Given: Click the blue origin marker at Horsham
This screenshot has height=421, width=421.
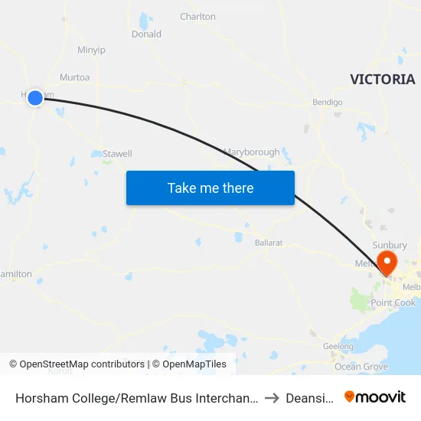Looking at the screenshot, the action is pos(35,97).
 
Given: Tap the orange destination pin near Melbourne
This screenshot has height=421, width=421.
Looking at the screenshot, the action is pos(387,262).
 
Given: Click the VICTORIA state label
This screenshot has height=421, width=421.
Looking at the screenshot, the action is pos(382,80).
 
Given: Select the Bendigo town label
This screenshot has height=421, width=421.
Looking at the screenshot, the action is pos(327,103).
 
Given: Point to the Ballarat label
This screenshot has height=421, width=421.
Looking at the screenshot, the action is pos(269,243).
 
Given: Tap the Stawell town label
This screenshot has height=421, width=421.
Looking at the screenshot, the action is pos(118,154).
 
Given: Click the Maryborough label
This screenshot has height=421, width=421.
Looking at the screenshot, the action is pos(251,152).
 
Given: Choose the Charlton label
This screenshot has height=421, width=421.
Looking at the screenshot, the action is pos(197,17).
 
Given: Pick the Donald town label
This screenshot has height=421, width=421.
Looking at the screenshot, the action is pos(146,34).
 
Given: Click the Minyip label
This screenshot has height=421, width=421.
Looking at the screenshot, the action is pos(91,51).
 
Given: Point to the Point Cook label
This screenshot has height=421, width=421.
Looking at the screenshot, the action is pos(393,303).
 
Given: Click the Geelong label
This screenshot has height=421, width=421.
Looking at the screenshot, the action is pos(338,347).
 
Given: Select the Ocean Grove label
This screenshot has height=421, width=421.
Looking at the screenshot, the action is pos(361,367).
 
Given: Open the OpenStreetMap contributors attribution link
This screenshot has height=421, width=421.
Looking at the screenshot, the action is pos(81,364).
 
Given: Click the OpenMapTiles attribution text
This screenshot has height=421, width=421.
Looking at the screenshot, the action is pos(189,364).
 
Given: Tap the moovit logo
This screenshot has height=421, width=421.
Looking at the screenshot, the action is pos(375,397).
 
